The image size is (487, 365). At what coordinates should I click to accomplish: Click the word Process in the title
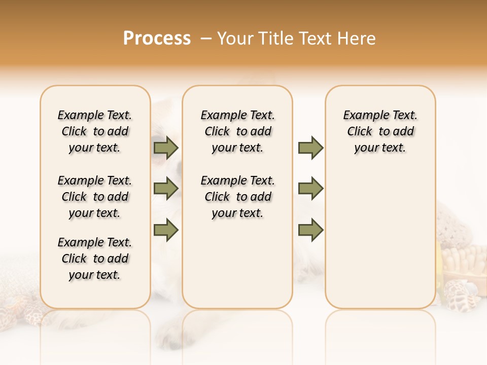pyautogui.click(x=157, y=38)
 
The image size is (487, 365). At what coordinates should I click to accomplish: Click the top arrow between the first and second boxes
pyautogui.click(x=166, y=148)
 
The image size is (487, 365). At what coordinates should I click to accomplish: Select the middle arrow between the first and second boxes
pyautogui.click(x=166, y=189)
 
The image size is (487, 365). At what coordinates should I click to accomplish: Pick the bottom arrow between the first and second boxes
pyautogui.click(x=166, y=230)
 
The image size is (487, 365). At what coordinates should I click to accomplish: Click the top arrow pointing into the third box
pyautogui.click(x=310, y=148)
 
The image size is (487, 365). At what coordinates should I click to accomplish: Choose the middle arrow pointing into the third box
pyautogui.click(x=310, y=189)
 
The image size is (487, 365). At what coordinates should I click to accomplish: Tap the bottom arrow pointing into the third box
pyautogui.click(x=310, y=230)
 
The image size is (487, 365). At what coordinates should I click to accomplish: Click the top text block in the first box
pyautogui.click(x=95, y=131)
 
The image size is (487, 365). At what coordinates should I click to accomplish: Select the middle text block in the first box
pyautogui.click(x=95, y=197)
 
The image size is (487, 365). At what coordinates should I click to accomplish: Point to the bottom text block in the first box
pyautogui.click(x=95, y=259)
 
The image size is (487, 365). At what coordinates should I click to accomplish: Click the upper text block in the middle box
pyautogui.click(x=238, y=131)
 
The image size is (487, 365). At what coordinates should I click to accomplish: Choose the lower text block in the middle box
pyautogui.click(x=238, y=197)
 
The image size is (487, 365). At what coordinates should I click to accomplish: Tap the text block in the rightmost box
pyautogui.click(x=380, y=131)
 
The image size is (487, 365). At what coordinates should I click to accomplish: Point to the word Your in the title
pyautogui.click(x=236, y=38)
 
